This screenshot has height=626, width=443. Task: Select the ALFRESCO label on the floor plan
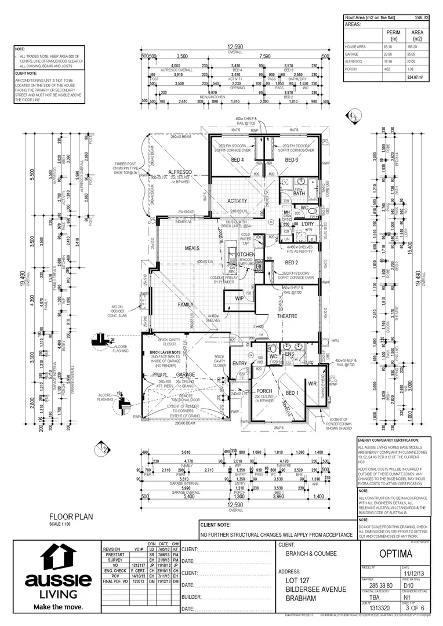tap(180, 173)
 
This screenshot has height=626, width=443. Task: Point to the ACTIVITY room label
tap(238, 201)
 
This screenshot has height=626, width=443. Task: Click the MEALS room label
tap(192, 248)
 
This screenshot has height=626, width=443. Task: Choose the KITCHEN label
tap(245, 254)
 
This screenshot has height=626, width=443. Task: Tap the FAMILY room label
tap(186, 304)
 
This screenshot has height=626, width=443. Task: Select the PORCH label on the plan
tap(264, 391)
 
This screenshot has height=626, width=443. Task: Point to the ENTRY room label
tap(239, 363)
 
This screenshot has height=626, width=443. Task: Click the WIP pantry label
tap(239, 299)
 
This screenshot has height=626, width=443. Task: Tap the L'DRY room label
tap(307, 224)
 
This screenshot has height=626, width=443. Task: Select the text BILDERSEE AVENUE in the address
tap(316, 589)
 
